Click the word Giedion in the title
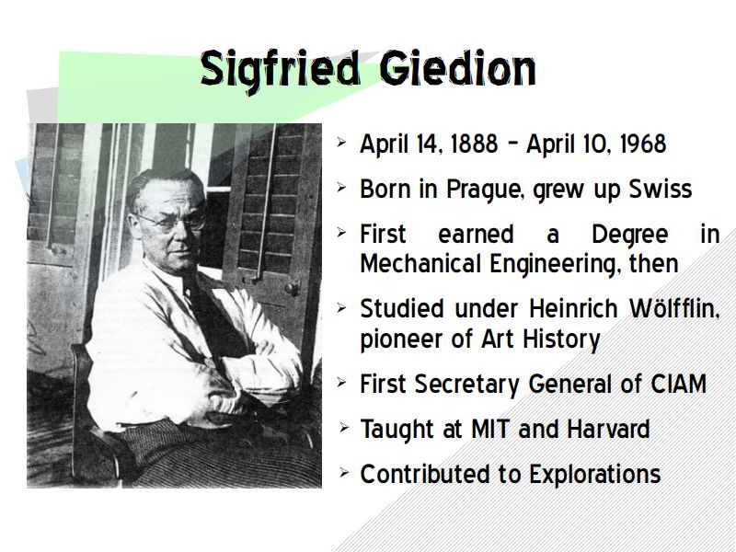pyautogui.click(x=457, y=68)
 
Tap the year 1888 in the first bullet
pyautogui.click(x=474, y=144)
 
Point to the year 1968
pyautogui.click(x=642, y=144)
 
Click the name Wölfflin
pyautogui.click(x=674, y=309)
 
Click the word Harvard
pyautogui.click(x=608, y=429)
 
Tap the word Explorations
pyautogui.click(x=594, y=475)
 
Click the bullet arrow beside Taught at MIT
pyautogui.click(x=344, y=428)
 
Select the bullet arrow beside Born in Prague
pyautogui.click(x=341, y=188)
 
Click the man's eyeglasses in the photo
pyautogui.click(x=172, y=222)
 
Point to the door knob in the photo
pyautogui.click(x=292, y=288)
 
